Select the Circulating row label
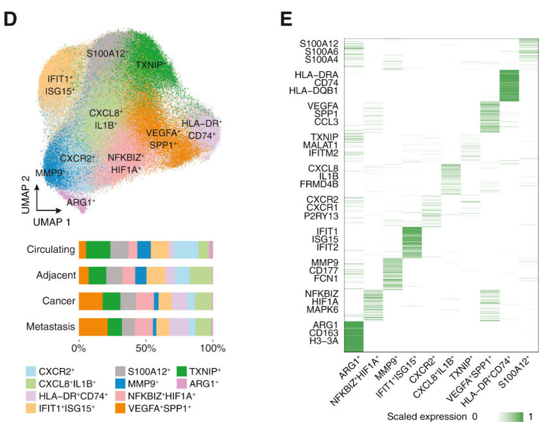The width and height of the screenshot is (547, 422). [49, 249]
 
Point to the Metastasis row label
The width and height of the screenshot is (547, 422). [50, 326]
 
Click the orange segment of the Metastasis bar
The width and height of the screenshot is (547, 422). [93, 326]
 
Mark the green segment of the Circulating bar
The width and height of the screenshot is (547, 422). [98, 249]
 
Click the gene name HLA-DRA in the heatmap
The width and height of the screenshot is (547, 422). [317, 74]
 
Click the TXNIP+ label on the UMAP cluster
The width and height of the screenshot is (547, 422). [151, 65]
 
